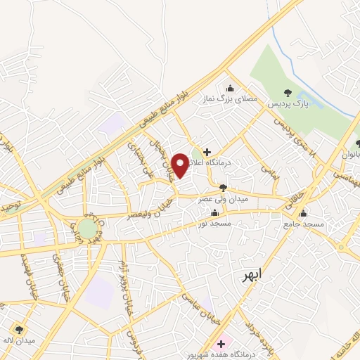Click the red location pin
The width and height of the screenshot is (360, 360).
pyautogui.click(x=181, y=166)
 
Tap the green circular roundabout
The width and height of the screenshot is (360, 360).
pyautogui.click(x=86, y=229)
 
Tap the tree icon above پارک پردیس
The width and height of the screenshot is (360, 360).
pyautogui.click(x=287, y=92)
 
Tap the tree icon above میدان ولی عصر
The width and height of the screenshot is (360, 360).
pyautogui.click(x=223, y=187)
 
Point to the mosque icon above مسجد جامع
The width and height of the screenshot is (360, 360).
pyautogui.click(x=304, y=213)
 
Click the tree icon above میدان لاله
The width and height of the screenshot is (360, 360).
pyautogui.click(x=18, y=328)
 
